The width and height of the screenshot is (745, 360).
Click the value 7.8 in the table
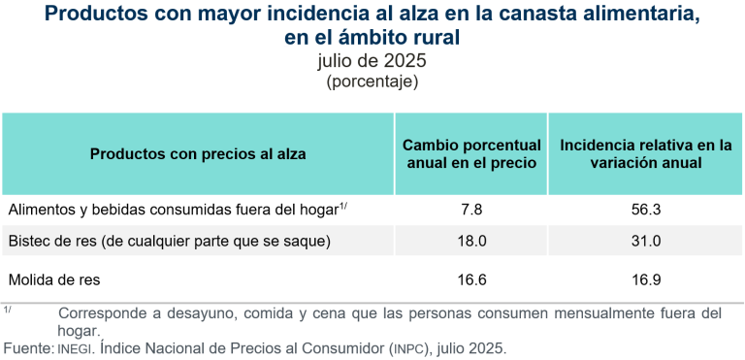point(470,210)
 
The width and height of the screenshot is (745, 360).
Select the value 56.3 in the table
point(645,210)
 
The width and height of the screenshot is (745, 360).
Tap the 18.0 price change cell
point(470,241)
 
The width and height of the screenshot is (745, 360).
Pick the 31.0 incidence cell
point(645,241)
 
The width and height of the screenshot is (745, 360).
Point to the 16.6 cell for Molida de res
point(470,280)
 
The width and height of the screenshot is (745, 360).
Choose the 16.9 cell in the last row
point(645,280)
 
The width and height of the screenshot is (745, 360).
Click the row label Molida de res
point(54,280)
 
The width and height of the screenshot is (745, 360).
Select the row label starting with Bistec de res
point(170,241)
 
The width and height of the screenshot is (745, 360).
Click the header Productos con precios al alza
point(198,154)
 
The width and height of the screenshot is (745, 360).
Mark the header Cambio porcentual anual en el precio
point(470,154)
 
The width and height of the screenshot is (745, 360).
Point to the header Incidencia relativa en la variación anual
point(645,154)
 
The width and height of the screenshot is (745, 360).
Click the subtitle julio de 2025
point(372,61)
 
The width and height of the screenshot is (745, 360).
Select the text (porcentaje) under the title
point(372,82)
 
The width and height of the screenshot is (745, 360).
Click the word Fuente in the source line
point(27,346)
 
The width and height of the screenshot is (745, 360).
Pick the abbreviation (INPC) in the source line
point(408,346)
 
